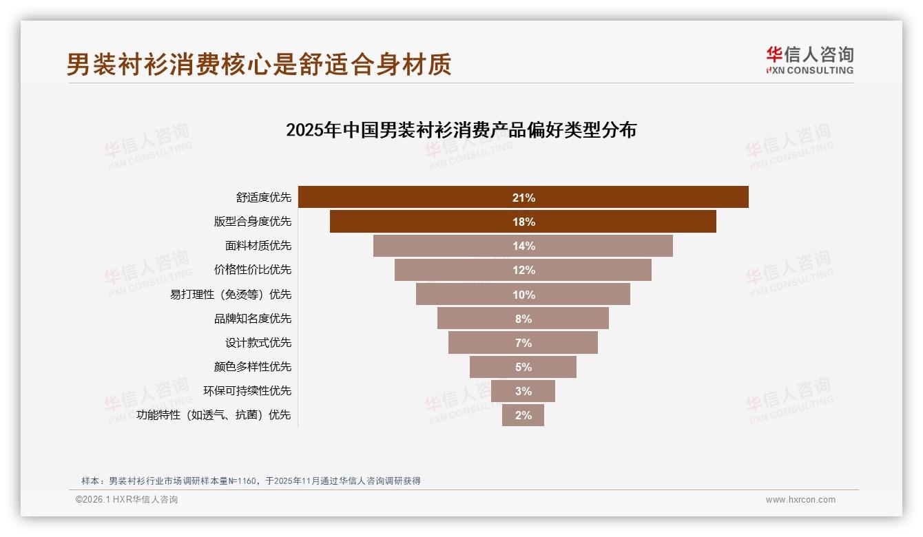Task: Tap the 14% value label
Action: tap(523, 246)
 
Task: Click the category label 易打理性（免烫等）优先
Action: tap(231, 295)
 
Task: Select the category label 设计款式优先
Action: tap(258, 343)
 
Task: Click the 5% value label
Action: tap(523, 367)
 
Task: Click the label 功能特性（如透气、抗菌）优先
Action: tap(214, 415)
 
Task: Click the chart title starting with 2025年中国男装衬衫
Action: tap(461, 130)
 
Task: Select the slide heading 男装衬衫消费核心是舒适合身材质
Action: tap(259, 65)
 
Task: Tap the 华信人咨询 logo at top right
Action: tap(810, 60)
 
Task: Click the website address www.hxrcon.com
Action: tap(800, 500)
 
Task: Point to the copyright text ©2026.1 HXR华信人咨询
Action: tap(127, 500)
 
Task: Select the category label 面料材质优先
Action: tap(258, 246)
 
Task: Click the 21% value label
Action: tap(523, 198)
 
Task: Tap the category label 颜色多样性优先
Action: tap(253, 367)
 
